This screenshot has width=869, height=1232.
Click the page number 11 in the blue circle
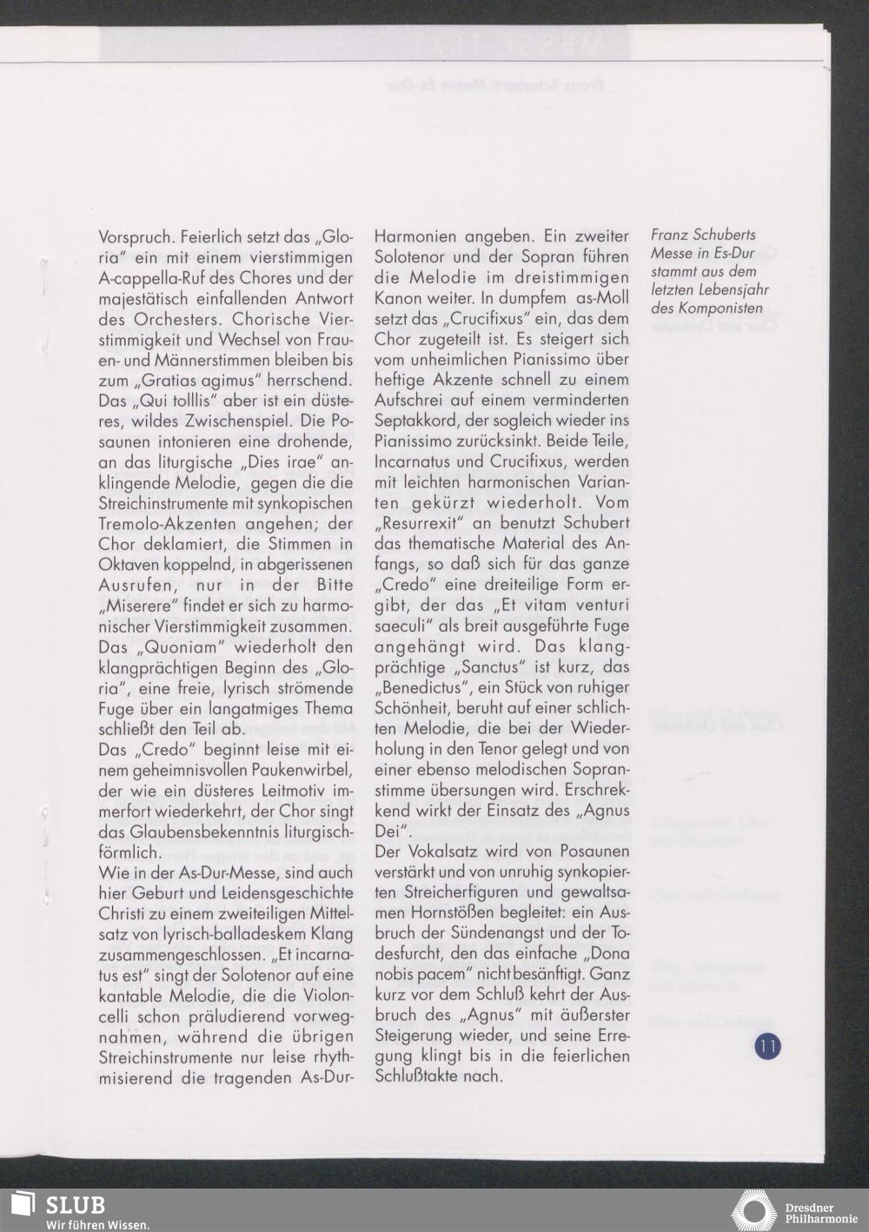click(767, 1045)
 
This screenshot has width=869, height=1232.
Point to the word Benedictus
click(418, 688)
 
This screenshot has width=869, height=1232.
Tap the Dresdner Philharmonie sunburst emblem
click(754, 1211)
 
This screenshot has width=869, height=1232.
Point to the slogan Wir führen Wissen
click(97, 1224)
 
